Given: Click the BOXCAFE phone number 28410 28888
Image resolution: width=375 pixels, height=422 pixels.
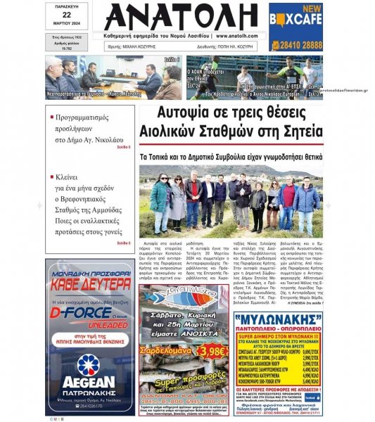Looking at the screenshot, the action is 295,44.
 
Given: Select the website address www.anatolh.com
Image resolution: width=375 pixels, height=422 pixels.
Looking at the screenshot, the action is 238,35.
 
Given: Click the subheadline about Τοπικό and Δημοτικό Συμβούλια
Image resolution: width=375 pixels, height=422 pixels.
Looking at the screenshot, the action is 231,156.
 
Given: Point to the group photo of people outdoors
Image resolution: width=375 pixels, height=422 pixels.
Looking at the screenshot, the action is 230,200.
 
